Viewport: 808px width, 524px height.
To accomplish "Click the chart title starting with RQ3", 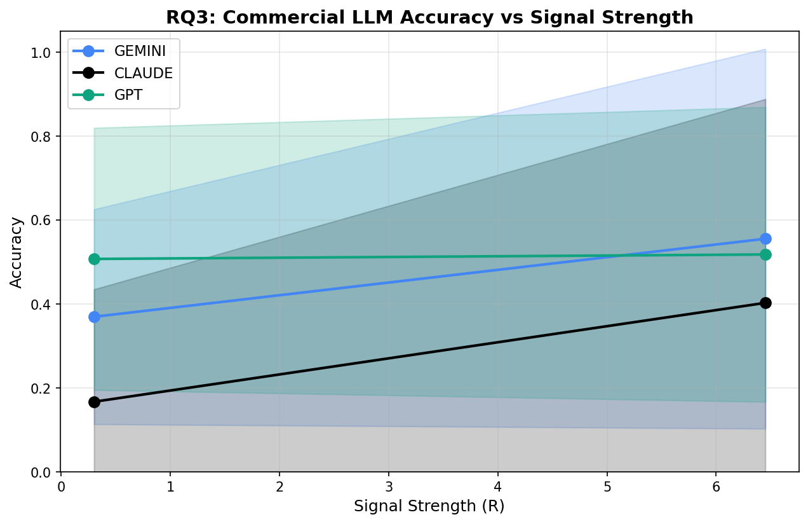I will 429,17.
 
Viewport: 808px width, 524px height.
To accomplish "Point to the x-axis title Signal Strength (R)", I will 429,507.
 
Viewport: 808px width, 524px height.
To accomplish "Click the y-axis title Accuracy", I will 17,252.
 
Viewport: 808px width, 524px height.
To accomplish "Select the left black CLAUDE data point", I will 94,402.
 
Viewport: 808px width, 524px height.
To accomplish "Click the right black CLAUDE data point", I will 765,303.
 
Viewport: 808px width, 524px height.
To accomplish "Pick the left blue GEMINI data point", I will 94,317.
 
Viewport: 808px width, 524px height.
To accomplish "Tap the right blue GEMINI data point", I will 765,238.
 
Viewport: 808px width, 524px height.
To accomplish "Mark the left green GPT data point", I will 94,259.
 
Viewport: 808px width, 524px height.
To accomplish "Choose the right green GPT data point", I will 765,254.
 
